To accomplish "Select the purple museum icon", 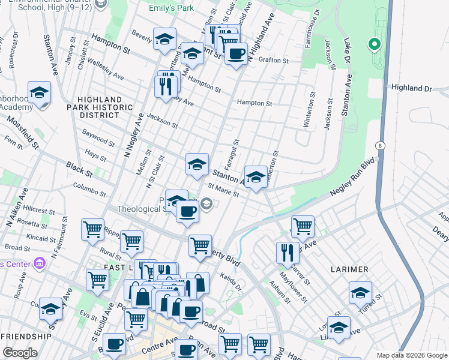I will (x=40, y=263).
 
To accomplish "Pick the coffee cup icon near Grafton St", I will (x=236, y=54).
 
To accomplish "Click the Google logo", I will (x=19, y=353).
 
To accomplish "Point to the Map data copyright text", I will (x=411, y=355).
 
